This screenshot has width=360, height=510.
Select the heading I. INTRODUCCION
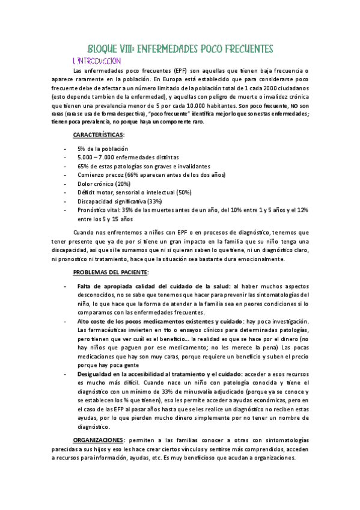pos(96,61)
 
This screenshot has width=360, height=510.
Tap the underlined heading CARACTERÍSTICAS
pos(98,135)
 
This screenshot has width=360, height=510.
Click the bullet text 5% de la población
pos(102,149)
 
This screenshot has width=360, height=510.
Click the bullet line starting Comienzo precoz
pos(151,175)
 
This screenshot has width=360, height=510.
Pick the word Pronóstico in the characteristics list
pos(93,210)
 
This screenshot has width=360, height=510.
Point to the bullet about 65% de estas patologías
pos(144,166)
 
